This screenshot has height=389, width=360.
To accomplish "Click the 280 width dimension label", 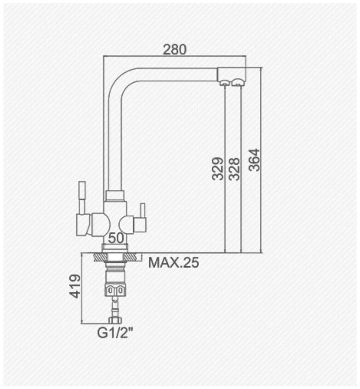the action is click(174, 50).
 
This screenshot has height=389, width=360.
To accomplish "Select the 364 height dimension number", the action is click(254, 160).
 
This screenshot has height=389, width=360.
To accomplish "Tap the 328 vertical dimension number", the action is click(234, 169).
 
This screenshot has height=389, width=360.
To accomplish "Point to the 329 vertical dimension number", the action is click(218, 169).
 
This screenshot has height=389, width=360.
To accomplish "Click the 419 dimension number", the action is click(75, 286).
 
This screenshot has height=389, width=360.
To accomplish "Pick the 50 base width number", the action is click(116, 238).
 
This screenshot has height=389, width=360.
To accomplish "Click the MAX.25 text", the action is click(174, 263).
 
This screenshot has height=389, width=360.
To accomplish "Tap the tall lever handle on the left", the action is click(82, 198).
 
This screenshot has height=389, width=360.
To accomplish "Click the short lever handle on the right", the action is click(143, 209).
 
